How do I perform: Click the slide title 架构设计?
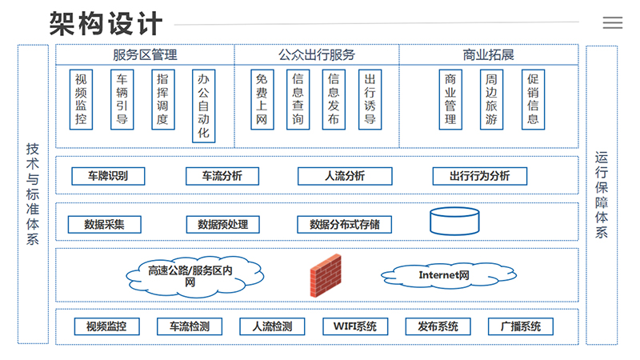coord(105,23)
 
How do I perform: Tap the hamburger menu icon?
coord(613,23)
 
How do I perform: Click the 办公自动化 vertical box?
coord(204,106)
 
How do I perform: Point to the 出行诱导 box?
coord(370,100)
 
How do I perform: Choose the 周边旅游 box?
coord(491,100)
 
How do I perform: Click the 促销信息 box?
coord(533,100)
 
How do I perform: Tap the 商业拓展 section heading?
coord(488,55)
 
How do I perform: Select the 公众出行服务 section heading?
coord(317,55)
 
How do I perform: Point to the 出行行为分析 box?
coord(479,176)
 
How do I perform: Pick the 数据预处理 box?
coord(223,224)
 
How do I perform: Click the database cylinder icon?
coord(454,221)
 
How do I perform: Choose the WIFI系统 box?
coord(355,326)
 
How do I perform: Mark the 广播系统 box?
coord(521,326)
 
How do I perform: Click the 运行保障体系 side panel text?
coord(602,194)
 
